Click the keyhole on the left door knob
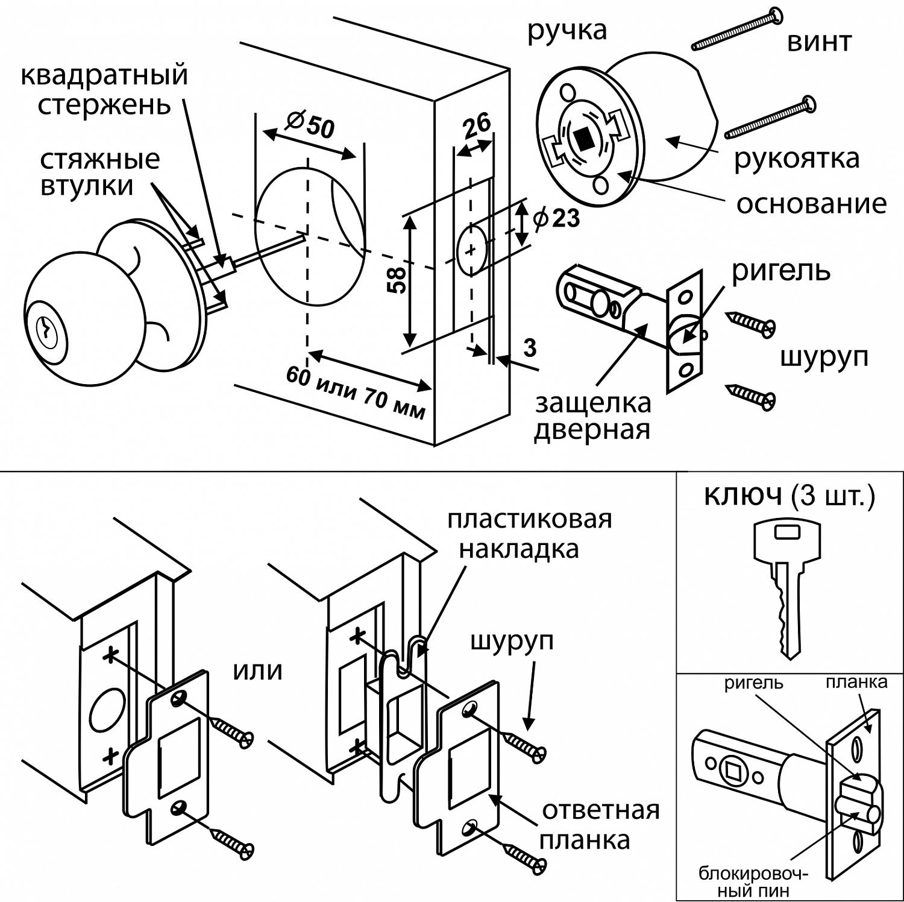click(45, 329)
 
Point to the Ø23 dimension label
click(556, 218)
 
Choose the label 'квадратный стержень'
click(104, 90)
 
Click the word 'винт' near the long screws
click(819, 42)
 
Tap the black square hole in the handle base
click(583, 140)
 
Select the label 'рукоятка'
click(796, 159)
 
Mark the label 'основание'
click(811, 204)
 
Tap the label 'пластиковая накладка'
click(529, 534)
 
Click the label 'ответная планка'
click(600, 825)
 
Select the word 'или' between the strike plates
click(257, 670)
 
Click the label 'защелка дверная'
click(593, 416)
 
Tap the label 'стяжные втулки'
click(100, 172)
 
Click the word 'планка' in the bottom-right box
click(856, 682)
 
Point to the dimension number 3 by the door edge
click(530, 348)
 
